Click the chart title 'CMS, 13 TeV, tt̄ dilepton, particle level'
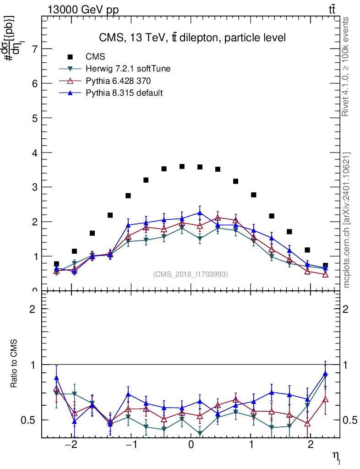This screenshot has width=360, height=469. (x=192, y=38)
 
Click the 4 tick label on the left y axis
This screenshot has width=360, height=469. (x=34, y=153)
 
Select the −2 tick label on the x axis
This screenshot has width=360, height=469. (x=71, y=446)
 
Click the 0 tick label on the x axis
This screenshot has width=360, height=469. (x=191, y=446)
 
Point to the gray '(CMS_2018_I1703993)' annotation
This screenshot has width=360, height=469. (x=191, y=274)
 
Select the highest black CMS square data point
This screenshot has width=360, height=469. (x=182, y=166)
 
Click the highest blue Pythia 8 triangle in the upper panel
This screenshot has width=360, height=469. (x=200, y=213)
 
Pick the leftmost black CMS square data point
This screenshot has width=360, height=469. (x=56, y=264)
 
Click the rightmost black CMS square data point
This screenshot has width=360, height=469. (x=325, y=266)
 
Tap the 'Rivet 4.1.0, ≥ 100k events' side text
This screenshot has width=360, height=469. (x=346, y=67)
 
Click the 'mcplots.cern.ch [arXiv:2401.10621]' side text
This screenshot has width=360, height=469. (x=346, y=220)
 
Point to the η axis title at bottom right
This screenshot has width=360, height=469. (x=336, y=455)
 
